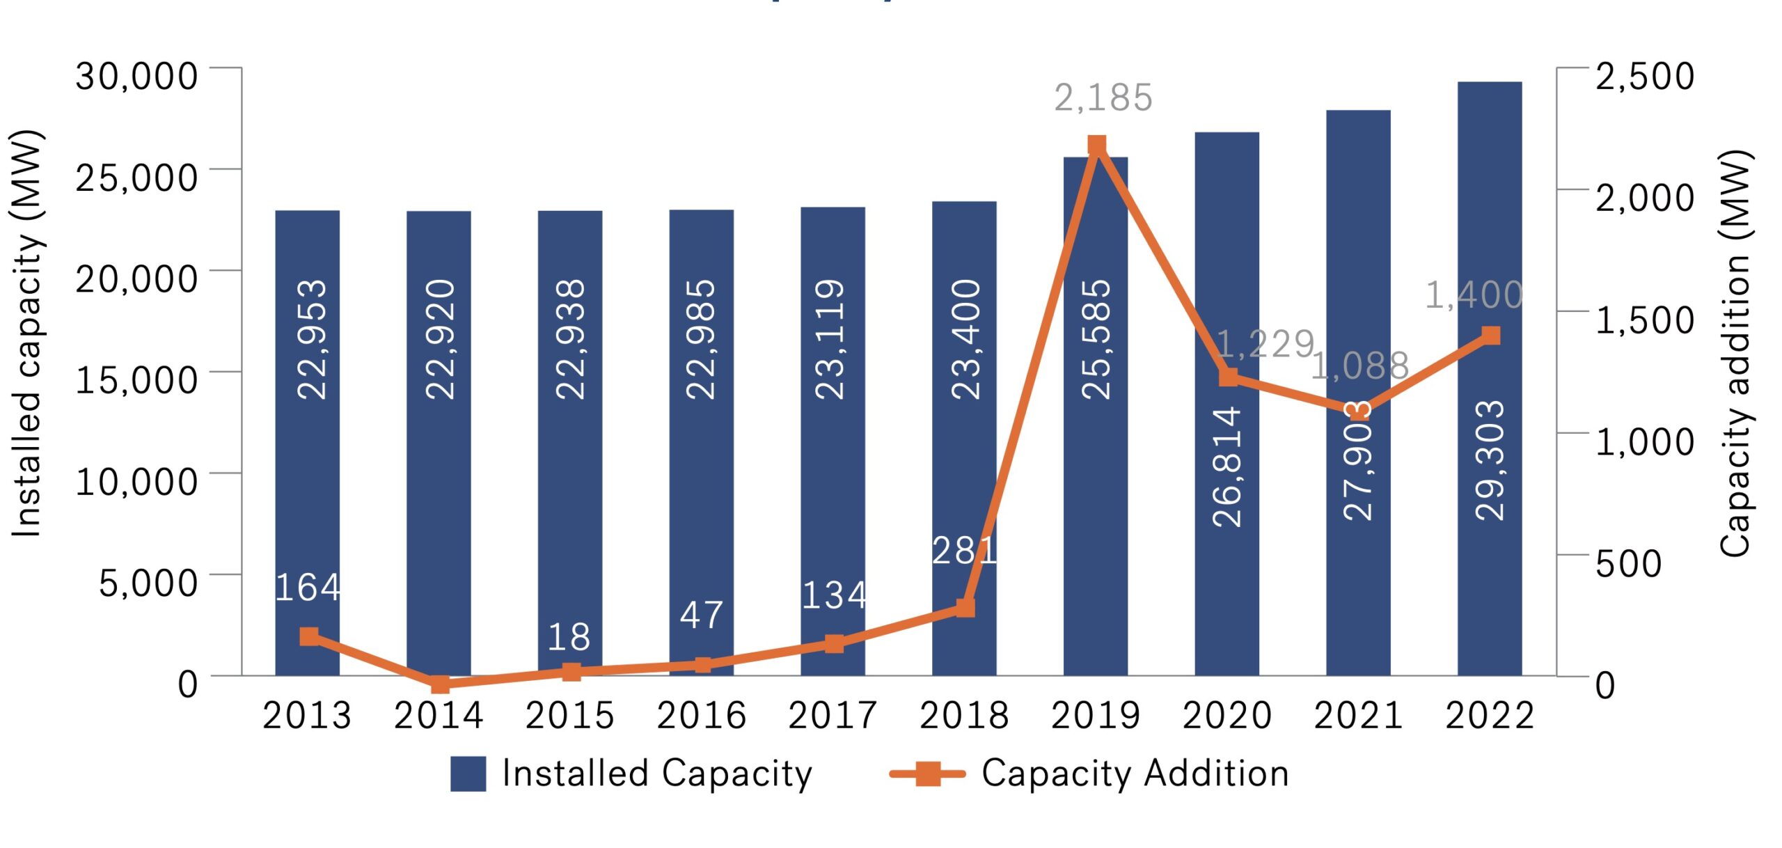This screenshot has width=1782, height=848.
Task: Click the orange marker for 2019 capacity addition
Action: (x=1096, y=146)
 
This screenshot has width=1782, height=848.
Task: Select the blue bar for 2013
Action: (x=308, y=446)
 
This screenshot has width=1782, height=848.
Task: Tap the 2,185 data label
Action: (x=1103, y=98)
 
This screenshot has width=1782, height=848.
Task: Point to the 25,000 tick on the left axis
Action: (x=136, y=178)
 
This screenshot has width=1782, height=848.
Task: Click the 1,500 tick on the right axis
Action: (x=1644, y=320)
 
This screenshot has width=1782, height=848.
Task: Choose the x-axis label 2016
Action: (x=701, y=715)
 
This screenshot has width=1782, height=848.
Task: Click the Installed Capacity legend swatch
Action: (x=468, y=774)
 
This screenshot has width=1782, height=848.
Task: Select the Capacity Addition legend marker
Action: (x=928, y=773)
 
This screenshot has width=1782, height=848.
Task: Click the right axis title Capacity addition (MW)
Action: (x=1736, y=353)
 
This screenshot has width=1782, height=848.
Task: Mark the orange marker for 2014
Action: (x=440, y=684)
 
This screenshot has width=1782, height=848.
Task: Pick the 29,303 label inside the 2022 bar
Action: (x=1490, y=461)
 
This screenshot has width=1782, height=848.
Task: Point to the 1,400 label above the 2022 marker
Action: (x=1474, y=295)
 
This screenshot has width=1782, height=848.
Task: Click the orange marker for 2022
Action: (x=1490, y=336)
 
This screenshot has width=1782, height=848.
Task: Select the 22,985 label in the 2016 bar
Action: (x=701, y=339)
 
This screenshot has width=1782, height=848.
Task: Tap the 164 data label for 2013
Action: (x=308, y=588)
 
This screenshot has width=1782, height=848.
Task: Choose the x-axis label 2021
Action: (x=1358, y=715)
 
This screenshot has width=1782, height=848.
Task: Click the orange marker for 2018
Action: (x=965, y=608)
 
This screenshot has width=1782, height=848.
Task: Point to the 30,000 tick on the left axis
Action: (x=136, y=76)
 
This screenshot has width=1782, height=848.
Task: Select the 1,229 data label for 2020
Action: (x=1265, y=344)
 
